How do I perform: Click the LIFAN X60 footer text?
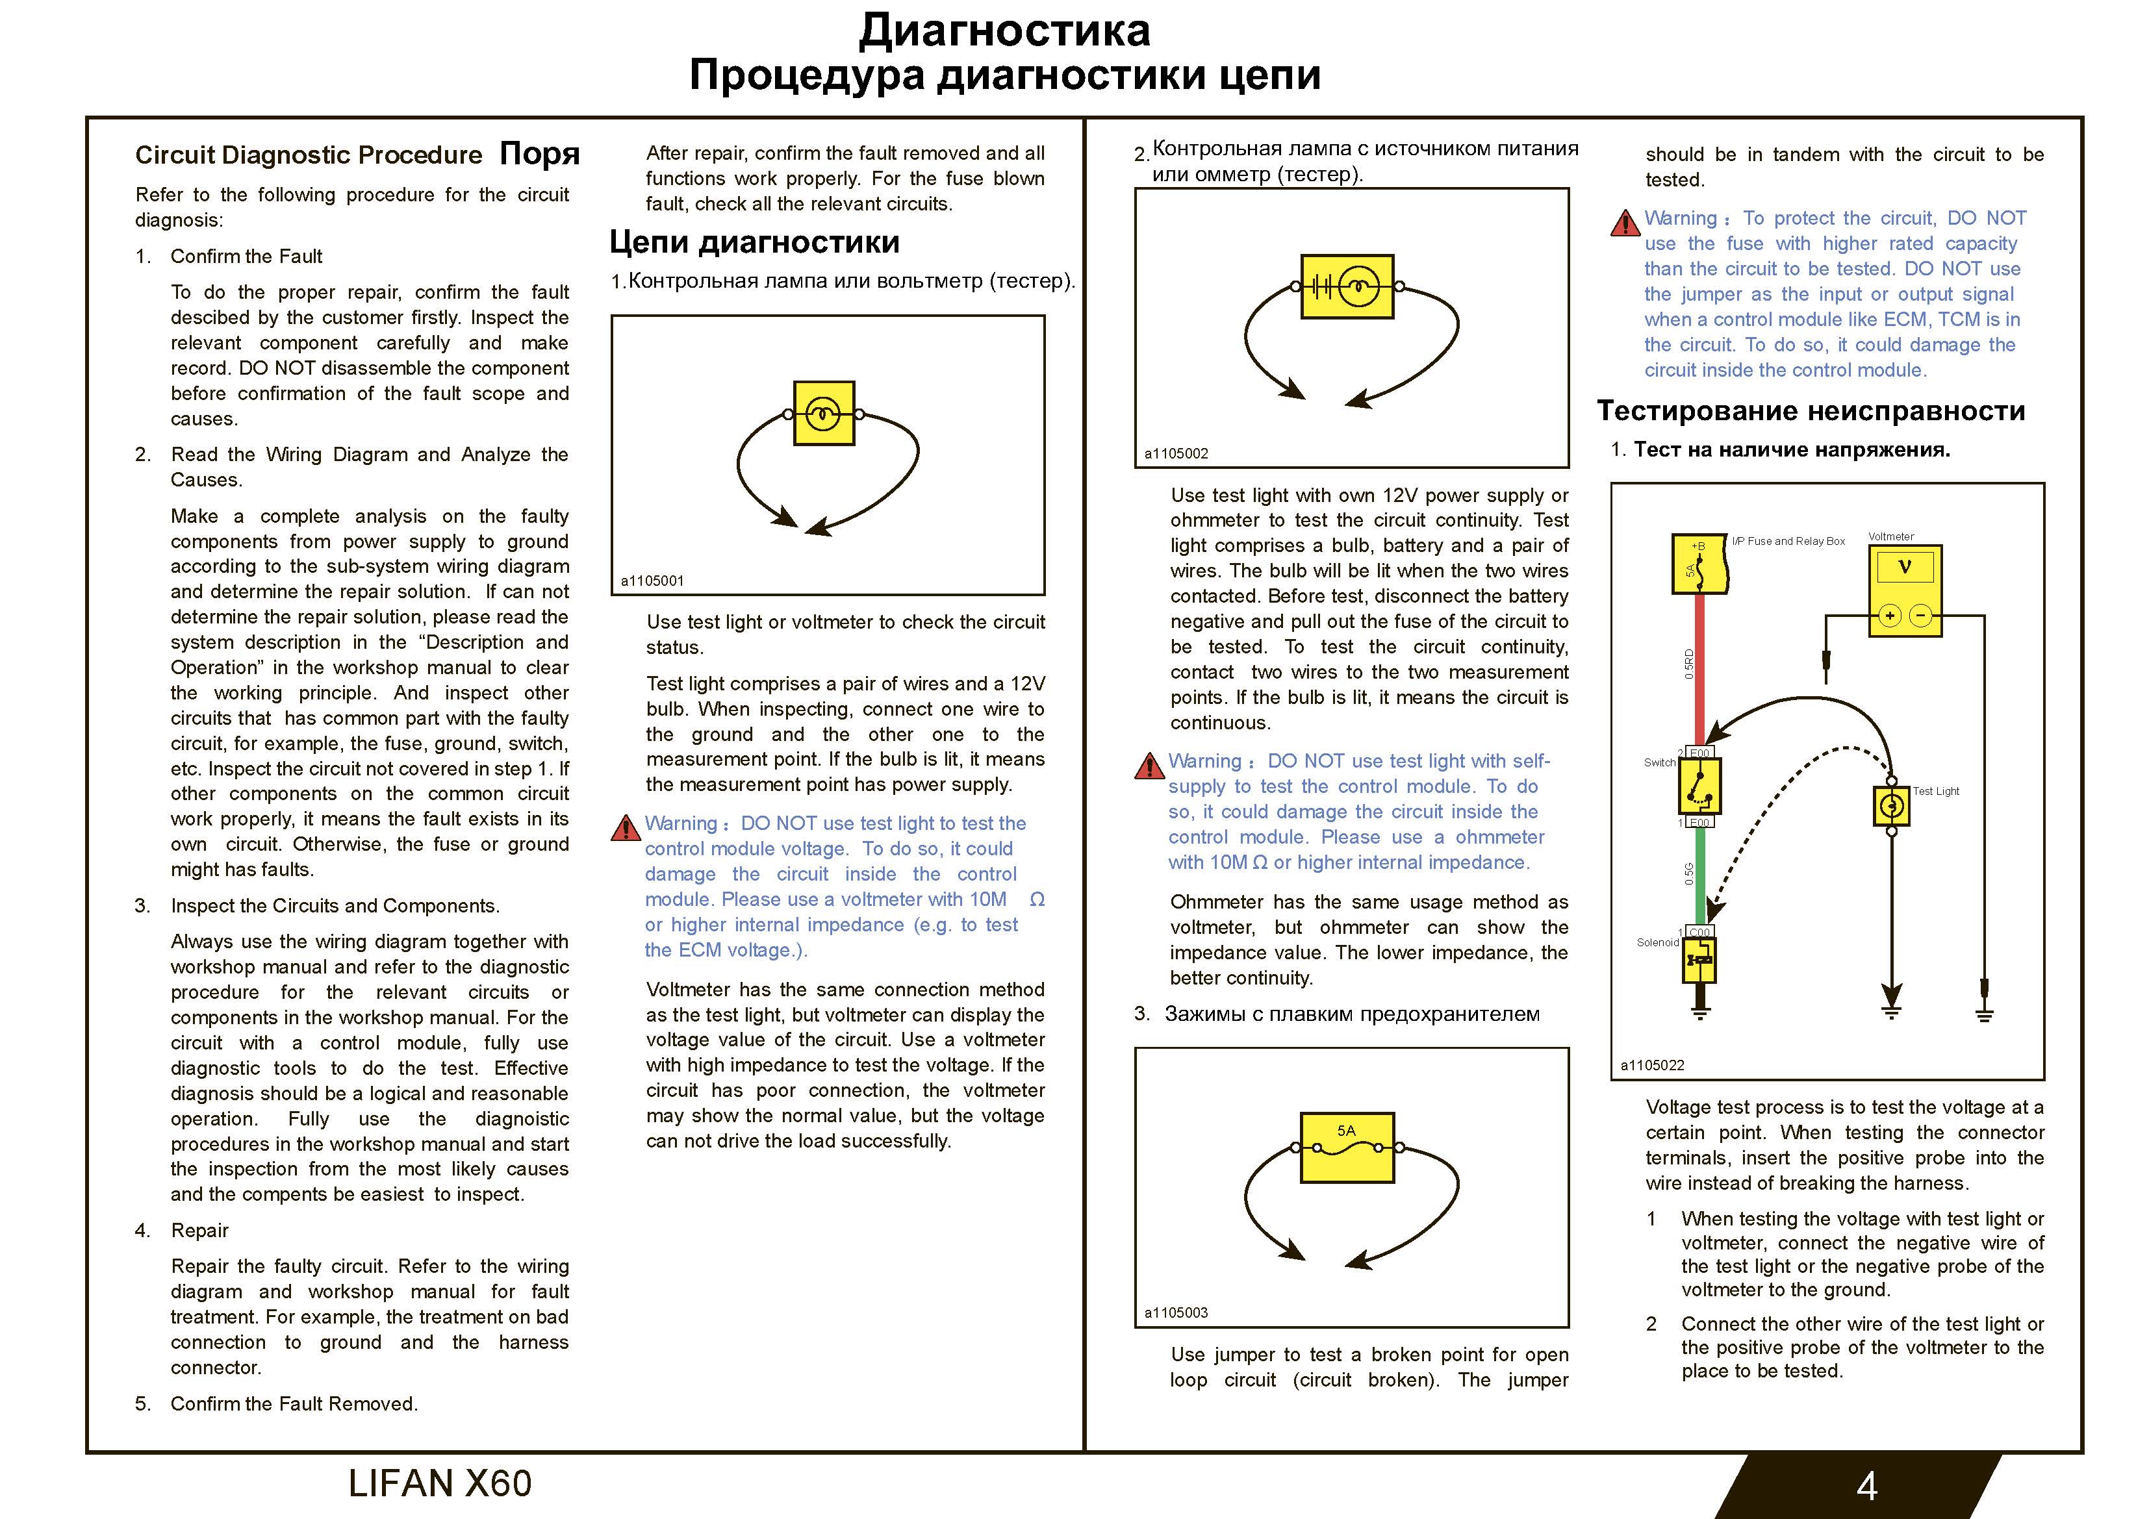[x=440, y=1483]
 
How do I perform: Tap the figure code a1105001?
[x=652, y=581]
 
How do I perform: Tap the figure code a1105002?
[x=1176, y=454]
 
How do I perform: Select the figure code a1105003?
[x=1176, y=1312]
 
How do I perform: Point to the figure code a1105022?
[x=1652, y=1065]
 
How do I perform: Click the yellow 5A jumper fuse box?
[x=1347, y=1148]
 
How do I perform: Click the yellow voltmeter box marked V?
[x=1904, y=590]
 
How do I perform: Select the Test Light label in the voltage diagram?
[x=1936, y=791]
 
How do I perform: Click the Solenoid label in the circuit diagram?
[x=1658, y=942]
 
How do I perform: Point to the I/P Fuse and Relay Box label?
[x=1788, y=541]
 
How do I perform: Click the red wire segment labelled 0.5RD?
[x=1699, y=664]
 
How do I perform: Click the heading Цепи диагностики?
[x=754, y=242]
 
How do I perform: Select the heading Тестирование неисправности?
[x=1811, y=411]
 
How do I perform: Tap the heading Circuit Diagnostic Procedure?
[x=308, y=155]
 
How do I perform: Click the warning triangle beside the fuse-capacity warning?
[x=1625, y=223]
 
